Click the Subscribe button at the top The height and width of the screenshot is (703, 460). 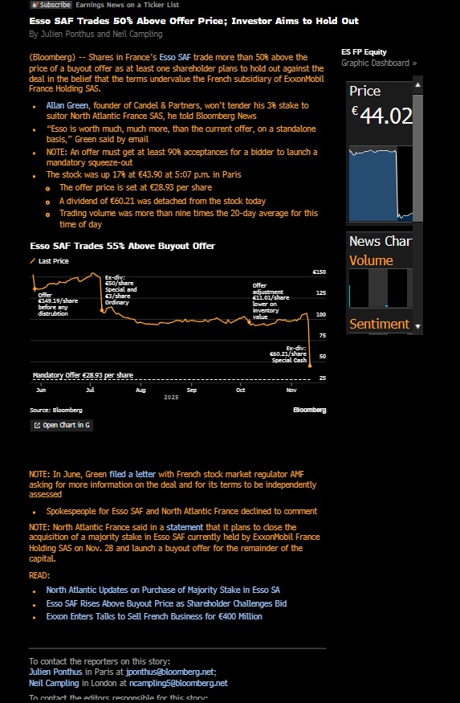click(x=51, y=5)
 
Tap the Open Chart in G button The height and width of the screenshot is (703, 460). click(x=61, y=425)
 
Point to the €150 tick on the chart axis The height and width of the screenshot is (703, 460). click(x=320, y=272)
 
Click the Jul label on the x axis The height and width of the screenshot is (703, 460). click(x=90, y=389)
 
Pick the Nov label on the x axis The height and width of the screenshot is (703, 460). click(x=292, y=389)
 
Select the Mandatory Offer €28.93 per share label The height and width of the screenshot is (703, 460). click(x=83, y=375)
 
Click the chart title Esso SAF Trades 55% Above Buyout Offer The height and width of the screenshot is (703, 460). click(x=122, y=246)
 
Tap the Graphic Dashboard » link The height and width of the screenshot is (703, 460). click(x=379, y=63)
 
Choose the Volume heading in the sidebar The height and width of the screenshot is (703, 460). click(x=371, y=260)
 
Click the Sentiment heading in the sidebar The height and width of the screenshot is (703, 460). click(x=379, y=325)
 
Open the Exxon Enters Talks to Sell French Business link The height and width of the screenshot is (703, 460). click(x=154, y=616)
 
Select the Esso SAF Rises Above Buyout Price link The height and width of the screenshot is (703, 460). click(x=166, y=603)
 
